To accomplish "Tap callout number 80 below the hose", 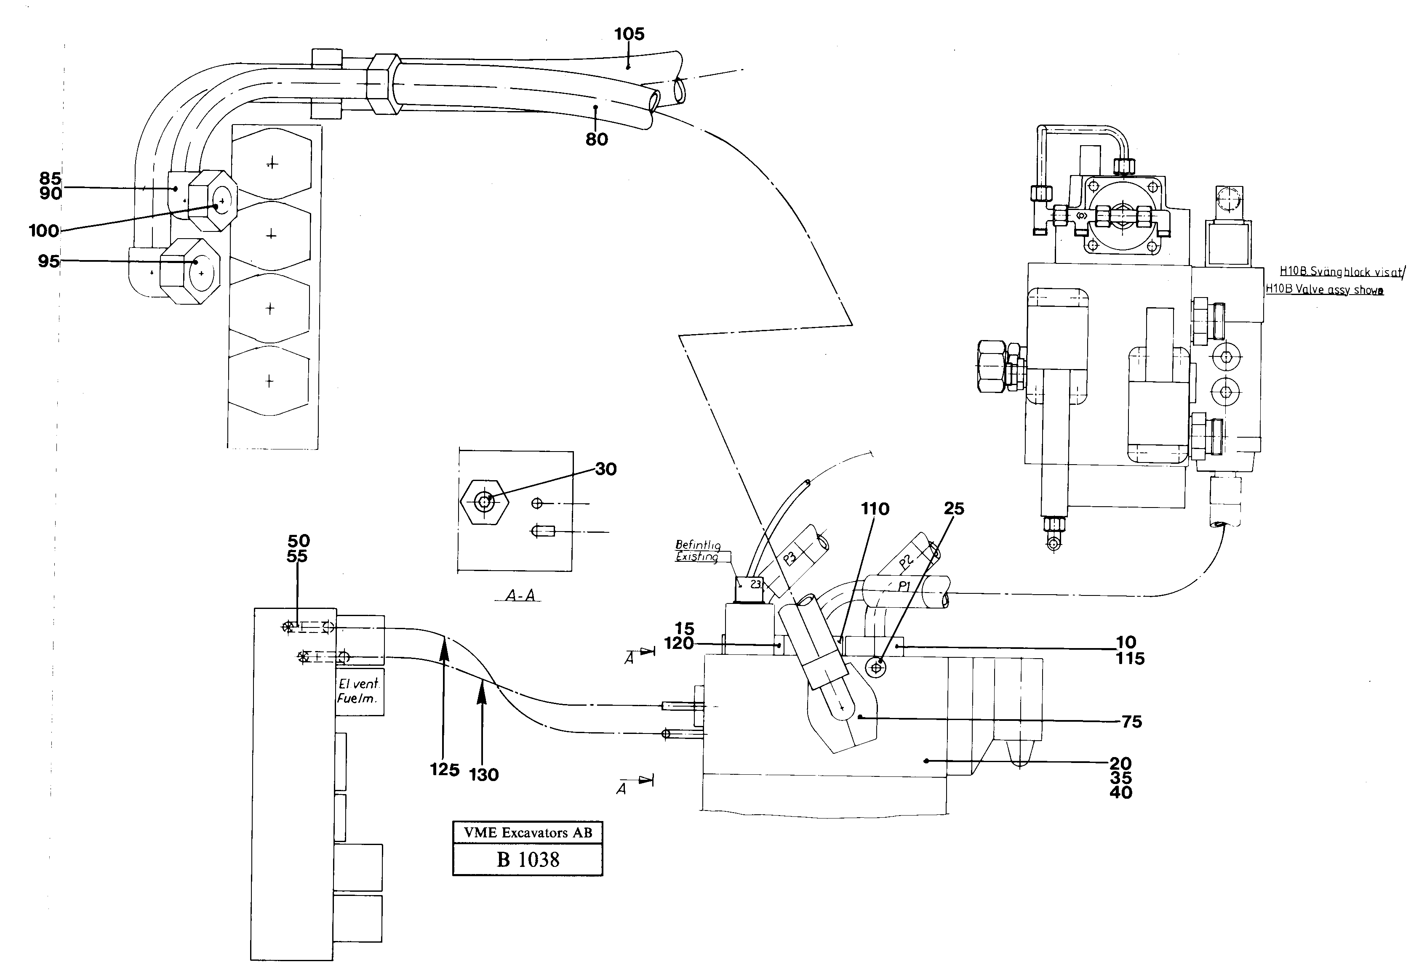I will [596, 139].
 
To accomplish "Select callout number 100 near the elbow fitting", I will [44, 231].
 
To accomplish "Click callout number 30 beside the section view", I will [605, 469].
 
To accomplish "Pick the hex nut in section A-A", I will [485, 502].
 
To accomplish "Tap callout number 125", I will [445, 769].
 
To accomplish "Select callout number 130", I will [483, 775].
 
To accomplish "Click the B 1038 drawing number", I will [528, 860].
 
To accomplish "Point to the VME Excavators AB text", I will [528, 832].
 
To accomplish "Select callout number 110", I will [875, 509].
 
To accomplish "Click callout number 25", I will [954, 509].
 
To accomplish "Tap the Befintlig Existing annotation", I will [698, 551].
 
